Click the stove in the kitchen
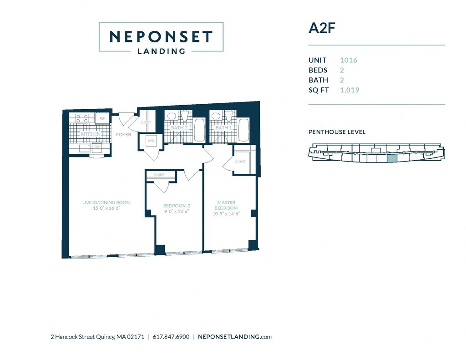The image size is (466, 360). tap(82, 118)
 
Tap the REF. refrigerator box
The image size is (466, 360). tap(102, 118)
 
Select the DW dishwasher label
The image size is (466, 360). tap(96, 147)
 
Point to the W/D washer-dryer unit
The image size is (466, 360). tap(151, 141)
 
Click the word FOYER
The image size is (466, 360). tap(123, 135)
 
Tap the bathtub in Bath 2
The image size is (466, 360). tap(199, 130)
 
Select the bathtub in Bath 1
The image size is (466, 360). tap(243, 130)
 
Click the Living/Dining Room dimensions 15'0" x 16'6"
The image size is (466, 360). tap(106, 208)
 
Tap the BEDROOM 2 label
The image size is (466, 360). tap(177, 206)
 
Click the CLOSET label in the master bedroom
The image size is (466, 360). tap(240, 162)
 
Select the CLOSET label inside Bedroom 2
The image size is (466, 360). tap(159, 175)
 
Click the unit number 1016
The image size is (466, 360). tap(349, 60)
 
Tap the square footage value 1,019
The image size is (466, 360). tap(349, 90)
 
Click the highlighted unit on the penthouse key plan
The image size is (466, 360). tap(392, 158)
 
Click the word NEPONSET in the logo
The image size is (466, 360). tap(161, 36)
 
